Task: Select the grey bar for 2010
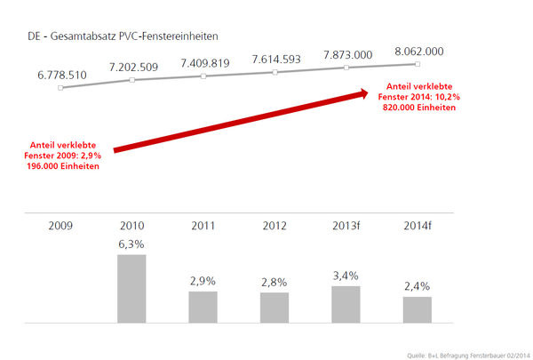131,288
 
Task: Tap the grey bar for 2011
203,306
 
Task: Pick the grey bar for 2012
274,307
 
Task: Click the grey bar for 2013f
346,303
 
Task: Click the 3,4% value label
346,276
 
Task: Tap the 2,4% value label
417,287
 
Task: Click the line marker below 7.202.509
131,81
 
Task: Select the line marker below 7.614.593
274,72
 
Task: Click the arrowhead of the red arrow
366,93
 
